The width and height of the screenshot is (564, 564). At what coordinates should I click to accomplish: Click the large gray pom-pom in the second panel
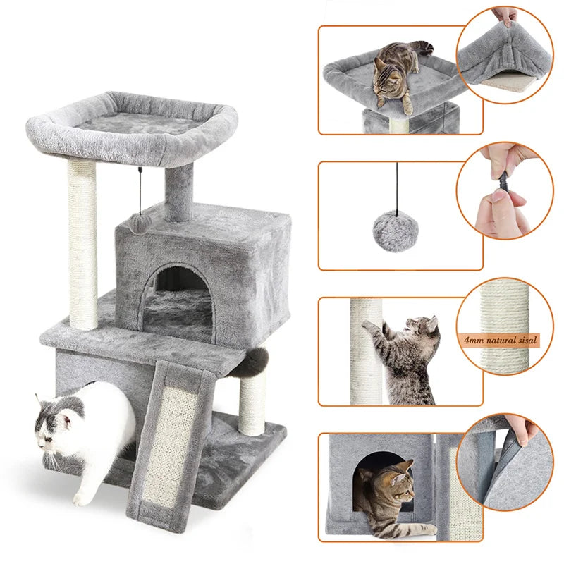[396, 229]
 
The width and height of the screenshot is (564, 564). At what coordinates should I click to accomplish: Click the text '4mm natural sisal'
[501, 341]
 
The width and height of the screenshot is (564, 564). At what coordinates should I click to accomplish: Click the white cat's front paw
[82, 498]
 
